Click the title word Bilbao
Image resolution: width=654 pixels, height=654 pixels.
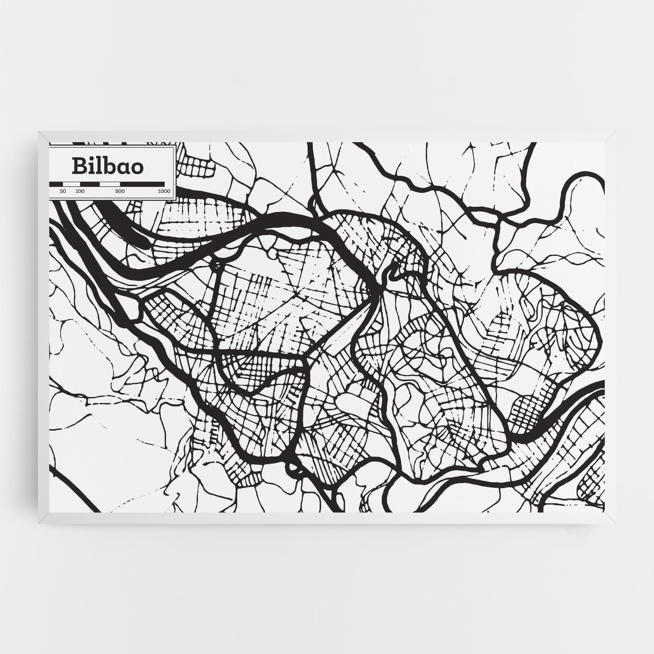point(107,166)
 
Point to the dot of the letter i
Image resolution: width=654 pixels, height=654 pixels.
point(91,159)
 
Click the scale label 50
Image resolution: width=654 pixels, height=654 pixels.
point(63,191)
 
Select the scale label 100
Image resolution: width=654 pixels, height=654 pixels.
point(80,191)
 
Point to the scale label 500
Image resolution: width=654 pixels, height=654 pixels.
point(120,191)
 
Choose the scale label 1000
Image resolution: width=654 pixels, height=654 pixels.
point(164,191)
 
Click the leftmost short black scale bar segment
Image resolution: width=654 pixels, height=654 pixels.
point(56,184)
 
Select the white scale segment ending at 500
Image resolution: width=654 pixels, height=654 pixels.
point(110,184)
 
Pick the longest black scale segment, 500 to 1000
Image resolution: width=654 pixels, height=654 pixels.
point(142,184)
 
